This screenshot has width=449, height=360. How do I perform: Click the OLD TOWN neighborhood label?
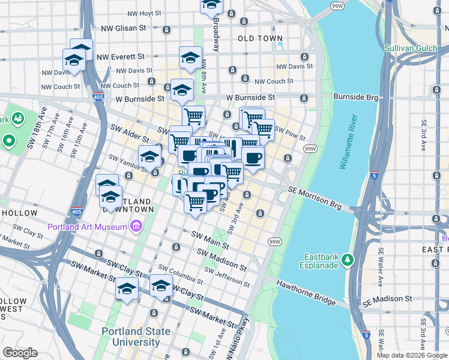(x=260, y=38)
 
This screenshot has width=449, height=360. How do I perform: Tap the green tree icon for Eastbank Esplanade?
(x=348, y=260)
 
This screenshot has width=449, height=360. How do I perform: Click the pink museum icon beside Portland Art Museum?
(x=136, y=227)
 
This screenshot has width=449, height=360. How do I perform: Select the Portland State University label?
(x=130, y=337)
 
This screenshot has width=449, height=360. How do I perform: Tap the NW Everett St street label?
(x=123, y=56)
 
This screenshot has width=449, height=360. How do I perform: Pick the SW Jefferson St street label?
(x=227, y=278)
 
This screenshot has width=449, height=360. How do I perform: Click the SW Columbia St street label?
(x=180, y=274)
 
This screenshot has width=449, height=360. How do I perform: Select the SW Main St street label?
(x=210, y=241)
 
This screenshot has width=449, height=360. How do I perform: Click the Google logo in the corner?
(x=20, y=353)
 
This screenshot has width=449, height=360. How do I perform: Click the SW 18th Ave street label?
(x=34, y=130)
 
